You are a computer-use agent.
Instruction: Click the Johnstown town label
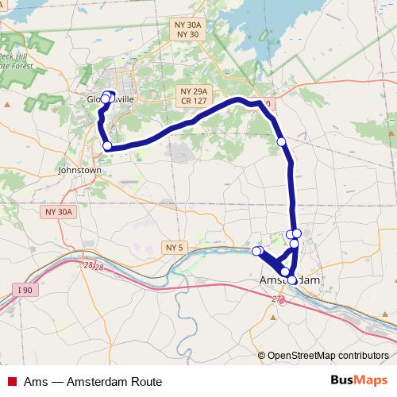pyautogui.click(x=79, y=170)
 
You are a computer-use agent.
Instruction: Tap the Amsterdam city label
pyautogui.click(x=290, y=281)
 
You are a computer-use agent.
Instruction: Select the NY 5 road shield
pyautogui.click(x=174, y=248)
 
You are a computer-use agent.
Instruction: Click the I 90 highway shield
pyautogui.click(x=25, y=291)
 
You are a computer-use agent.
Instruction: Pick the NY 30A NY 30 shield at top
pyautogui.click(x=187, y=29)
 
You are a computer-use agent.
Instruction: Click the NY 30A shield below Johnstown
pyautogui.click(x=59, y=212)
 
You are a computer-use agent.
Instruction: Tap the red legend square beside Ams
pyautogui.click(x=12, y=382)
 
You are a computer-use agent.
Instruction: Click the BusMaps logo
pyautogui.click(x=359, y=381)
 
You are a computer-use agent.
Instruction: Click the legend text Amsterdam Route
pyautogui.click(x=114, y=382)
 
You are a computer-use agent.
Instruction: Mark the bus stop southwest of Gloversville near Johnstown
pyautogui.click(x=107, y=145)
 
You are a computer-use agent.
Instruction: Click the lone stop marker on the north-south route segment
pyautogui.click(x=281, y=141)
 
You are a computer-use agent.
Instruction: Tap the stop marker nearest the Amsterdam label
pyautogui.click(x=292, y=279)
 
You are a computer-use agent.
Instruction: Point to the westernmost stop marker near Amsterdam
pyautogui.click(x=256, y=251)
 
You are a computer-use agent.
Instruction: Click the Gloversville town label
pyautogui.click(x=111, y=99)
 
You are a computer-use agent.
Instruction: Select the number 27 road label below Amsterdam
pyautogui.click(x=277, y=299)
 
